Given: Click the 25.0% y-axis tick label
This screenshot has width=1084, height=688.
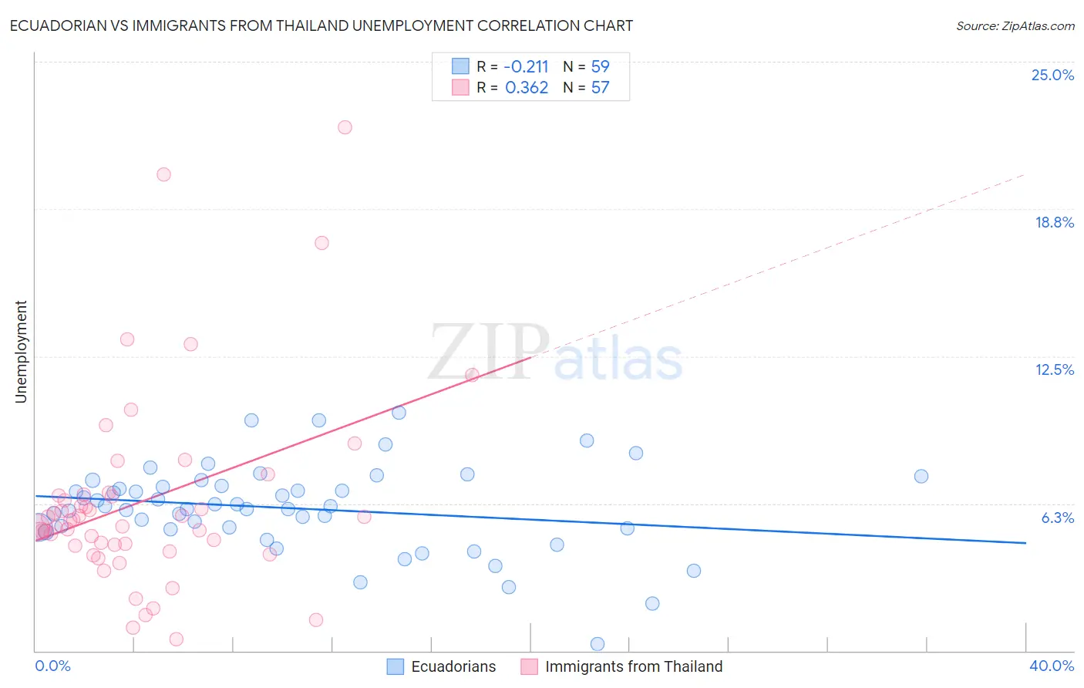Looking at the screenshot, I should pos(1052,75).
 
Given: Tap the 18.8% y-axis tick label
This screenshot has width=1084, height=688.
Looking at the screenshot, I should pos(1054,222).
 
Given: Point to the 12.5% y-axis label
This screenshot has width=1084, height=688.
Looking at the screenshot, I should pos(1054,369).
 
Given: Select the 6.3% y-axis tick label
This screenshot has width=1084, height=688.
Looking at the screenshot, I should pos(1057,518).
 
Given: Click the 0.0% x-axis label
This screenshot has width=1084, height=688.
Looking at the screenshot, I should pos(52,666).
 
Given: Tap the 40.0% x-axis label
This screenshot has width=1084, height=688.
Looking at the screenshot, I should pos(1051,666).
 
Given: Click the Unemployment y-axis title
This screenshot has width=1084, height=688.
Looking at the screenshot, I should pos(21,352).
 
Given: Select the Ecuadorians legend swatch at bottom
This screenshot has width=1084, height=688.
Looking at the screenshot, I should pos(396,666).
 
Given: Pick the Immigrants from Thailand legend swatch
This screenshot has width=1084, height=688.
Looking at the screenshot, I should pos(529,666).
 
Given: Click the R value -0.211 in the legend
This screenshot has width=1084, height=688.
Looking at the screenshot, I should pos(526,67).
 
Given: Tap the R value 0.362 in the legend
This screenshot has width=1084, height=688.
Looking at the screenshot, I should pos(527,88).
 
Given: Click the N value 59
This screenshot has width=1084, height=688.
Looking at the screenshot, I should pos(600,67).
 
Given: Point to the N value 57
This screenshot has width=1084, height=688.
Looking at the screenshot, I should pos(600,88).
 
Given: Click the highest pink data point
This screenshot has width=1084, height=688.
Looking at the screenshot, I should pos(345,127).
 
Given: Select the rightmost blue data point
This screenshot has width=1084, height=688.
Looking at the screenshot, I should pos(921,476).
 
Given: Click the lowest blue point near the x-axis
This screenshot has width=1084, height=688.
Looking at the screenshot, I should pos(597,643).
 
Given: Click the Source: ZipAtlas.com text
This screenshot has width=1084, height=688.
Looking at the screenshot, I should pos(1015,26).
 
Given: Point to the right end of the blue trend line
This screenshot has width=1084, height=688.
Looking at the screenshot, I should pos(1025,543).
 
